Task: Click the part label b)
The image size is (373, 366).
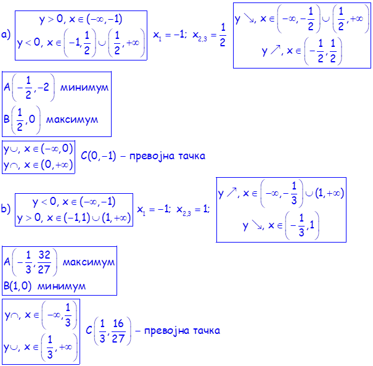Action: coord(6,210)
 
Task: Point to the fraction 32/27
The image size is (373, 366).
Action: coord(44,262)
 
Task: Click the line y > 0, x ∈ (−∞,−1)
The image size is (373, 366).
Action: coord(80,20)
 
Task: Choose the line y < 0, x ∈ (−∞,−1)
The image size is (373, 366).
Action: coord(74,201)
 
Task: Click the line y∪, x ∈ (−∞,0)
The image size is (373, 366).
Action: coord(38,149)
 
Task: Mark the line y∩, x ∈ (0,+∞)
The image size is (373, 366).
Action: coord(38,165)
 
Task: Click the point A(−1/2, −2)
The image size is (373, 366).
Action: coord(29,88)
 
